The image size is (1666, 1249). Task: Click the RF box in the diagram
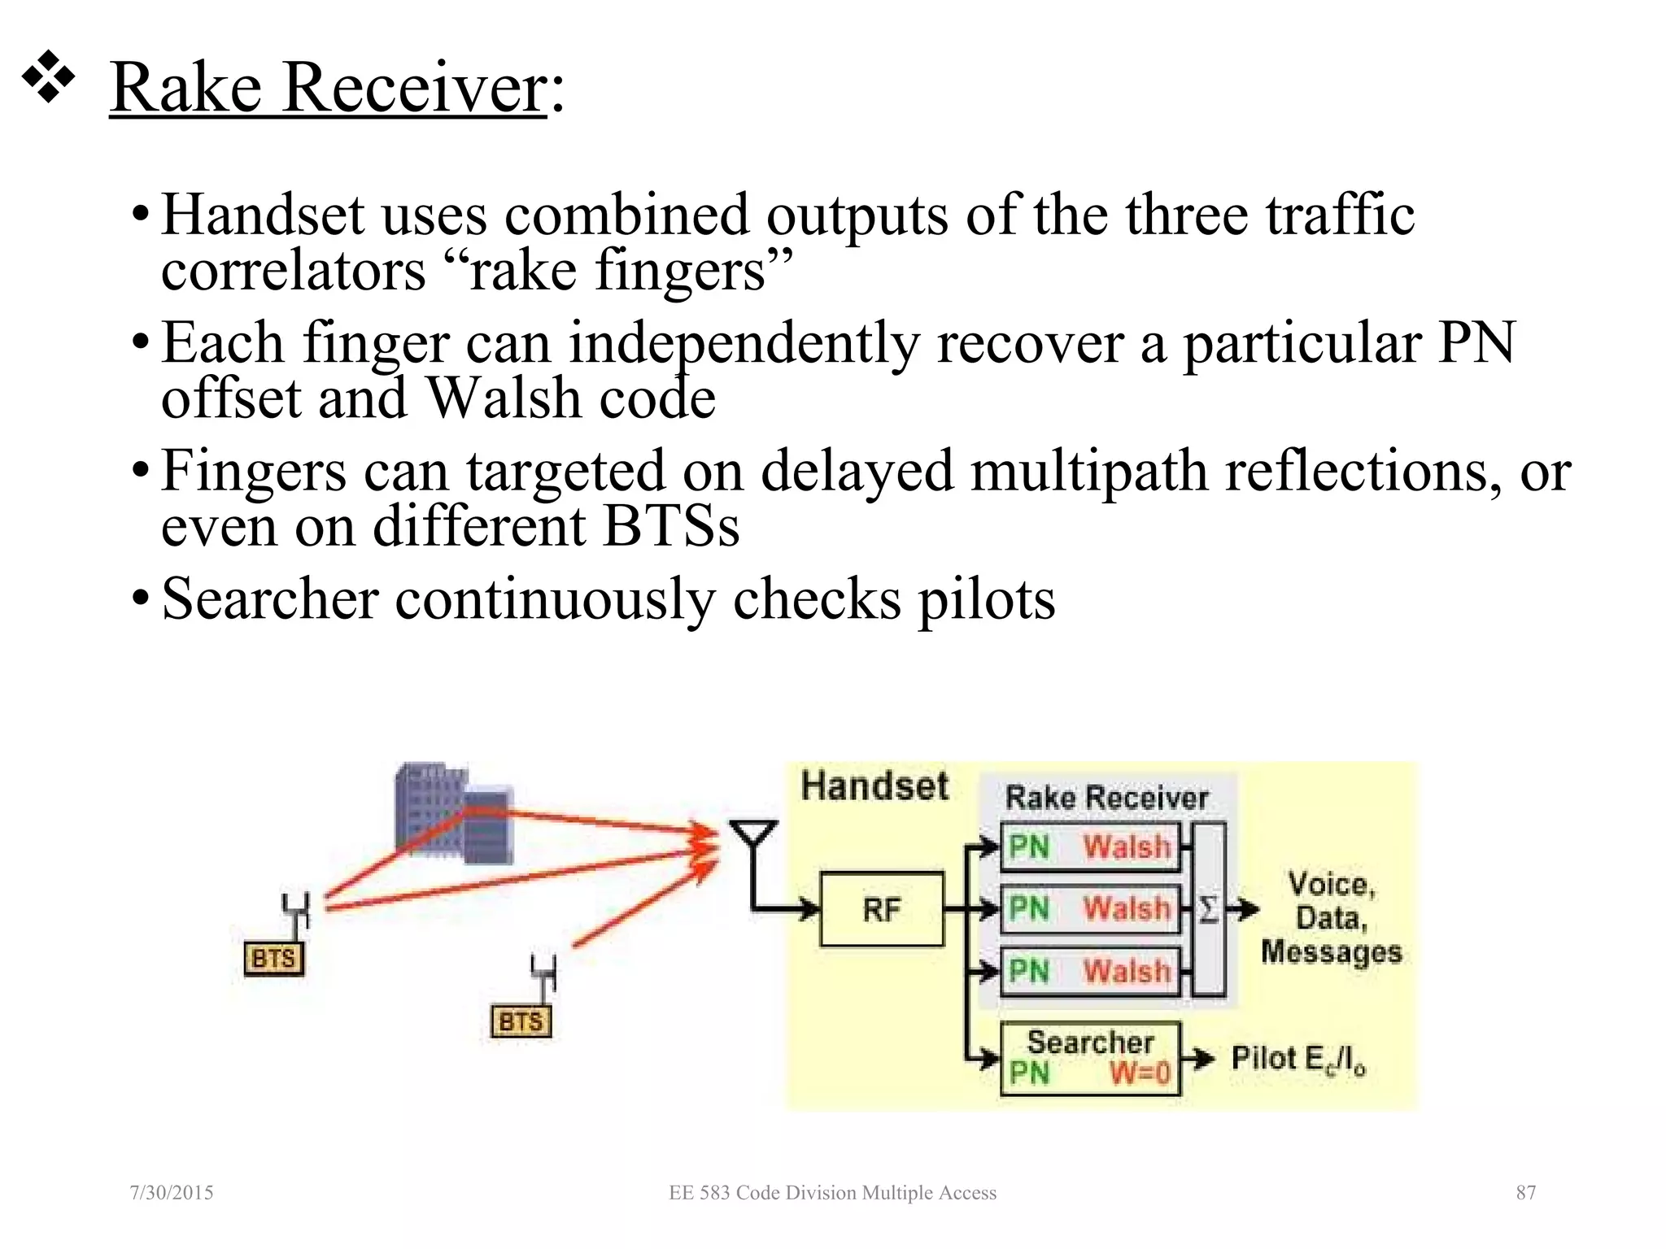click(x=882, y=909)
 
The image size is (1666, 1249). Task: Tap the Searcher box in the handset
click(x=1089, y=1057)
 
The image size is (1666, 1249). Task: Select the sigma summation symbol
click(x=1209, y=909)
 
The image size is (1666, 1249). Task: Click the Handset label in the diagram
click(x=874, y=786)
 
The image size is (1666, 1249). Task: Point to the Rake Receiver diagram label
click(x=1106, y=798)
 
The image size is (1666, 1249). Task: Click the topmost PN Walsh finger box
click(x=1089, y=847)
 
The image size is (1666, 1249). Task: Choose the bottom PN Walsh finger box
click(x=1089, y=971)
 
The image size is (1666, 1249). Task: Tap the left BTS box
click(x=273, y=958)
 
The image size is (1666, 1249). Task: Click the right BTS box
click(x=521, y=1021)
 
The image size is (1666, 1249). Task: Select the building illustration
click(x=452, y=813)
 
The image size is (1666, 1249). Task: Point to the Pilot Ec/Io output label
click(x=1297, y=1060)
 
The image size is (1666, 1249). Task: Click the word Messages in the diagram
click(x=1331, y=952)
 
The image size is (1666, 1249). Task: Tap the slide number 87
click(x=1525, y=1192)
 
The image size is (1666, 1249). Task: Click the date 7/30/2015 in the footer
click(x=172, y=1192)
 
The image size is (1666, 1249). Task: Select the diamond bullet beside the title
click(x=47, y=77)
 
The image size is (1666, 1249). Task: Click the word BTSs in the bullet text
click(x=671, y=526)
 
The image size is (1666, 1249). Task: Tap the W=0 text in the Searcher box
click(x=1140, y=1073)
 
